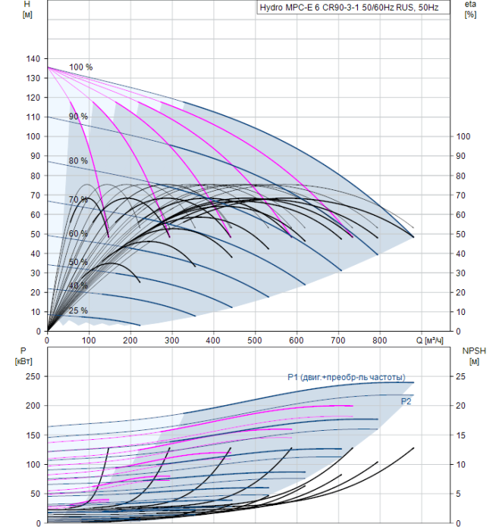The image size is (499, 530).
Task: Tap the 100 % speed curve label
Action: click(80, 67)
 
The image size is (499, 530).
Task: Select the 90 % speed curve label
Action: click(78, 117)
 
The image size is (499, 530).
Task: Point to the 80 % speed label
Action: click(78, 161)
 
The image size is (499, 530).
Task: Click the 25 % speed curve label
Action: click(78, 310)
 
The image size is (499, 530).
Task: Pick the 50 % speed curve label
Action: click(78, 262)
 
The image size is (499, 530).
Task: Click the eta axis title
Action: click(469, 5)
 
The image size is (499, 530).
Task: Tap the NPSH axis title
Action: click(472, 351)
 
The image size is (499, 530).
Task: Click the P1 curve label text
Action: click(346, 377)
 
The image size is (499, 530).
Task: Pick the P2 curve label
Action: click(406, 401)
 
